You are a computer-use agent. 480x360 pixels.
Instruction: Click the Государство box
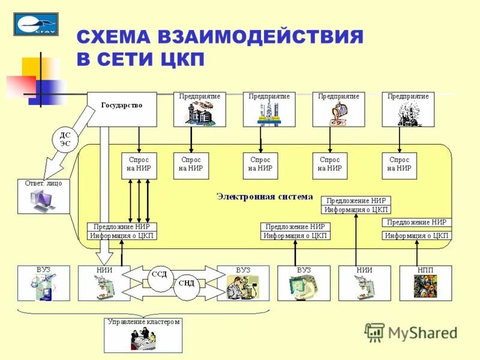tap(122, 109)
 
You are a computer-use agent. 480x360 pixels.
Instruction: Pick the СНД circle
tap(187, 283)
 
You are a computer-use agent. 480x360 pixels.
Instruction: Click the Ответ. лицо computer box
tap(43, 196)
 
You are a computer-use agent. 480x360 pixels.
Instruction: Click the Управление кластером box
tap(143, 335)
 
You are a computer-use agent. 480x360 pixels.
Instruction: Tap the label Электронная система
tap(264, 196)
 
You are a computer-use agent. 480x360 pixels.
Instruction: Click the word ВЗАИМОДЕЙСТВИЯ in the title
tap(260, 37)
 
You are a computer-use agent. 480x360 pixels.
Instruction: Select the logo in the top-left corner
tap(36, 24)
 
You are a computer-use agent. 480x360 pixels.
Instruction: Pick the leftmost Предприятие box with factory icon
tap(200, 109)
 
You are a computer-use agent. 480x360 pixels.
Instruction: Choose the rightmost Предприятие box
tap(408, 109)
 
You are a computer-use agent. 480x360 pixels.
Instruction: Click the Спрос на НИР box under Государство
tap(139, 165)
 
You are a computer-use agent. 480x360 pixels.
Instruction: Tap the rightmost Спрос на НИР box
tap(400, 165)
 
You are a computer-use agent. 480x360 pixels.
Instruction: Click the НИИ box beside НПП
tap(364, 283)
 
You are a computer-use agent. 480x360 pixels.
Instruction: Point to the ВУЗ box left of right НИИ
tap(304, 283)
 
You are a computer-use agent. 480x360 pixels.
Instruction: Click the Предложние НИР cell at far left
tap(122, 227)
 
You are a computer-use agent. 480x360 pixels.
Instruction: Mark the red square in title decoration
tap(21, 86)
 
